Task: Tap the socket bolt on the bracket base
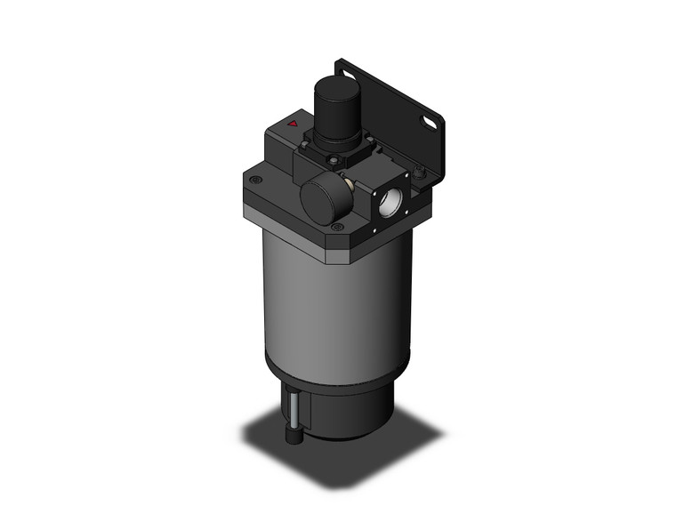point(418,167)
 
